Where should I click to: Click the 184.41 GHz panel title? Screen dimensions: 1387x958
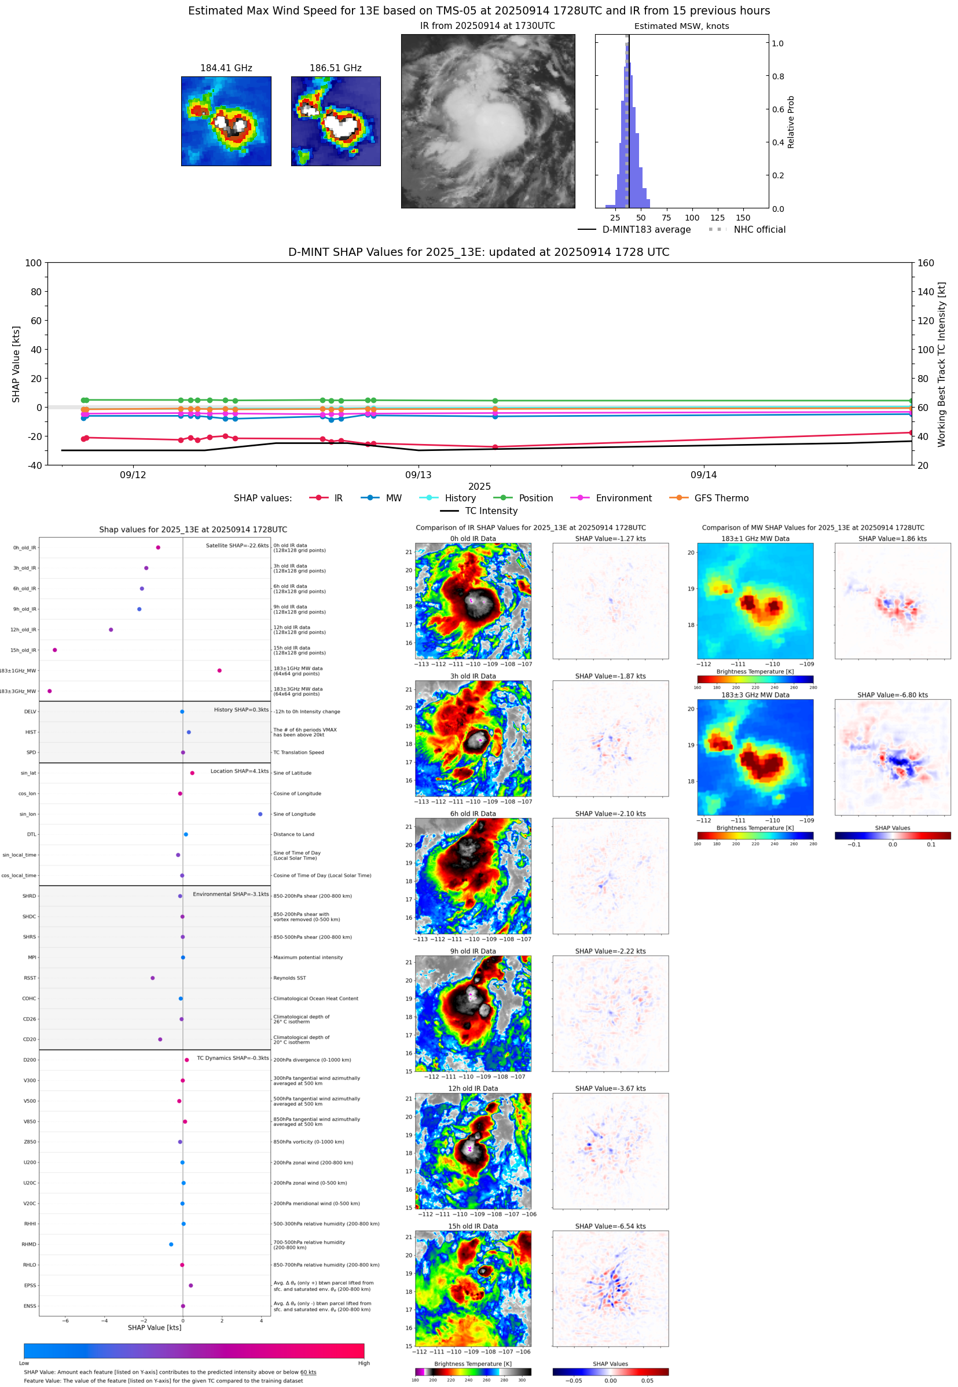226,68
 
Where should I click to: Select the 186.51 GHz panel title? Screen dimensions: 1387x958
335,68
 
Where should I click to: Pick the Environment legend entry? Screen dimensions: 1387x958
623,498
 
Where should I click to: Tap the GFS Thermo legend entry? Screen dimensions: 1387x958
721,498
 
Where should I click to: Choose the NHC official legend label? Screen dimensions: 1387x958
759,229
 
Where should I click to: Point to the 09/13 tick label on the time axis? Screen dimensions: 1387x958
418,475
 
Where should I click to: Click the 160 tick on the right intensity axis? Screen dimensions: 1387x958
926,263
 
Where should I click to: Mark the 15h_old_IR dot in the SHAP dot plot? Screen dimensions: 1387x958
54,650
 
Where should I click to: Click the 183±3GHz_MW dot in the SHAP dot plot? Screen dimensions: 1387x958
49,691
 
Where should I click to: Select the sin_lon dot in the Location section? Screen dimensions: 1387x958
260,814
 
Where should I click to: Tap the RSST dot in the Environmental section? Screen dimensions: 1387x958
152,978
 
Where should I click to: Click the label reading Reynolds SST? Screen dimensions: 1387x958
289,978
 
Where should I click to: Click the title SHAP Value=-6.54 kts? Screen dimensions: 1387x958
610,1226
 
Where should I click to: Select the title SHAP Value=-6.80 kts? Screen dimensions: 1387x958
892,695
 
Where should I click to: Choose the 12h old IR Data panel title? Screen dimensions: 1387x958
473,1088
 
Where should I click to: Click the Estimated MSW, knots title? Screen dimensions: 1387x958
681,26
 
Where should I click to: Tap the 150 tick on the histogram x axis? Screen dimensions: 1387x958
743,218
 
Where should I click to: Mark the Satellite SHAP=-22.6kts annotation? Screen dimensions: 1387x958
237,545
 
